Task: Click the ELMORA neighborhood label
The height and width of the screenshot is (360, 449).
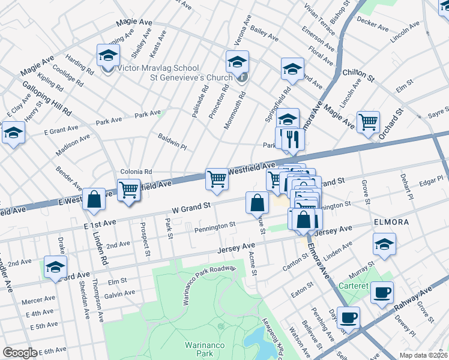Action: pos(391,222)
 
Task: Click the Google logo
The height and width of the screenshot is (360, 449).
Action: pos(20,353)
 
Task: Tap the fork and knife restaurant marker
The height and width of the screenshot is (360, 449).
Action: pos(293,140)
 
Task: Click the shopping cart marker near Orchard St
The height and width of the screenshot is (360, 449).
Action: pos(368,122)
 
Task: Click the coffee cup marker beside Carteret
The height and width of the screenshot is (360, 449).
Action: pos(381,293)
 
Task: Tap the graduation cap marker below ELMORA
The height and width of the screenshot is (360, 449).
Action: pos(384,244)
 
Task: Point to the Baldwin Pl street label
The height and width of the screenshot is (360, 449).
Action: pos(172,142)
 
